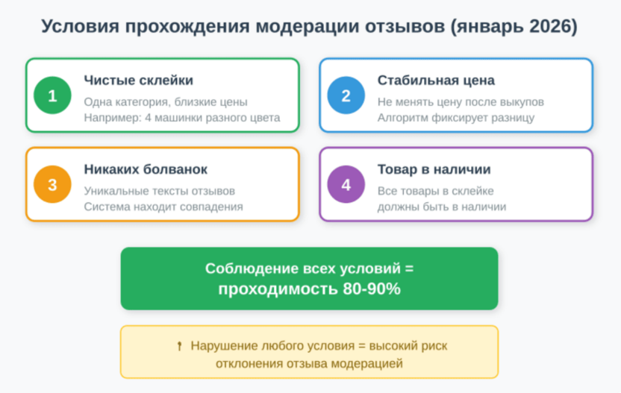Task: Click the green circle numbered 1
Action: click(52, 96)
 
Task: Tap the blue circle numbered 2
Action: click(346, 96)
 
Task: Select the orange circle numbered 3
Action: click(52, 185)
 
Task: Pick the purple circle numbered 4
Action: click(346, 185)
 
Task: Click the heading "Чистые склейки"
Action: click(138, 81)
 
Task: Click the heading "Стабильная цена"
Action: click(436, 81)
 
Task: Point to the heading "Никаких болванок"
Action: click(146, 169)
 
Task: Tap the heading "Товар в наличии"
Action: click(434, 169)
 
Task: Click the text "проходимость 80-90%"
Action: click(309, 289)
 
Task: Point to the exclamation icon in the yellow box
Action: click(179, 346)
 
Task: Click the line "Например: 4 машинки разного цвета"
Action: click(182, 118)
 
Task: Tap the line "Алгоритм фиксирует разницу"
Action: click(455, 118)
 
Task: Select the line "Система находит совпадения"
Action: click(163, 207)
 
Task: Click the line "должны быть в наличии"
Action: click(442, 207)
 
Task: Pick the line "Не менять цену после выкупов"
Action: click(461, 101)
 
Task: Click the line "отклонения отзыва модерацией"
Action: click(309, 363)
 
